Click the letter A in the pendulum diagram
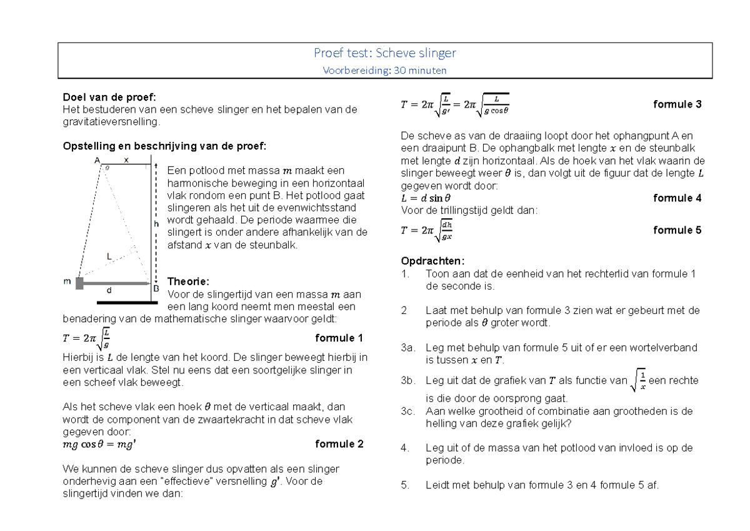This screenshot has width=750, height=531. tap(97, 161)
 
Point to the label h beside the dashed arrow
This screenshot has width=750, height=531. tap(157, 223)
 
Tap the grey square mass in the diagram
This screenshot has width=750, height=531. tap(79, 283)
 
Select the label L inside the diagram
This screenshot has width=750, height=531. tap(109, 256)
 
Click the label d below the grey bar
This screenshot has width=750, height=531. tap(109, 291)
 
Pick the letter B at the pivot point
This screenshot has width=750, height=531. tap(156, 289)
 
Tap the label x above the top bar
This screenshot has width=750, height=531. tap(126, 160)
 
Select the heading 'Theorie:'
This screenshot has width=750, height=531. tap(189, 281)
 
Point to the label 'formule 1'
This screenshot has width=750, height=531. tap(339, 338)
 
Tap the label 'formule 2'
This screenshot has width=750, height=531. tap(339, 444)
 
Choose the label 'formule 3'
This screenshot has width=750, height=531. tap(677, 104)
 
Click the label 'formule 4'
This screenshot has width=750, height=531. tap(677, 198)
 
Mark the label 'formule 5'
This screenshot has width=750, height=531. tap(677, 230)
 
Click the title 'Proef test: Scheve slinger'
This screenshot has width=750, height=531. tap(385, 54)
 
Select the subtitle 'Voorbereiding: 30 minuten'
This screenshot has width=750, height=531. tap(385, 70)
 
